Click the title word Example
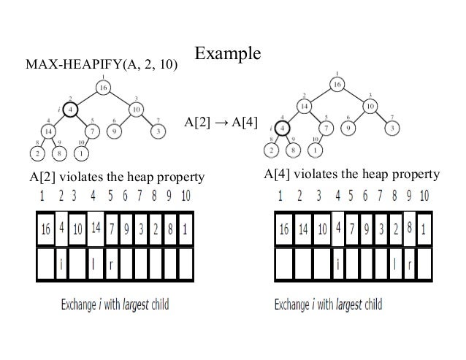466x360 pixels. pos(227,55)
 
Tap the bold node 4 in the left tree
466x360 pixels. pos(69,110)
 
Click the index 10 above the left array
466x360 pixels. pos(185,196)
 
